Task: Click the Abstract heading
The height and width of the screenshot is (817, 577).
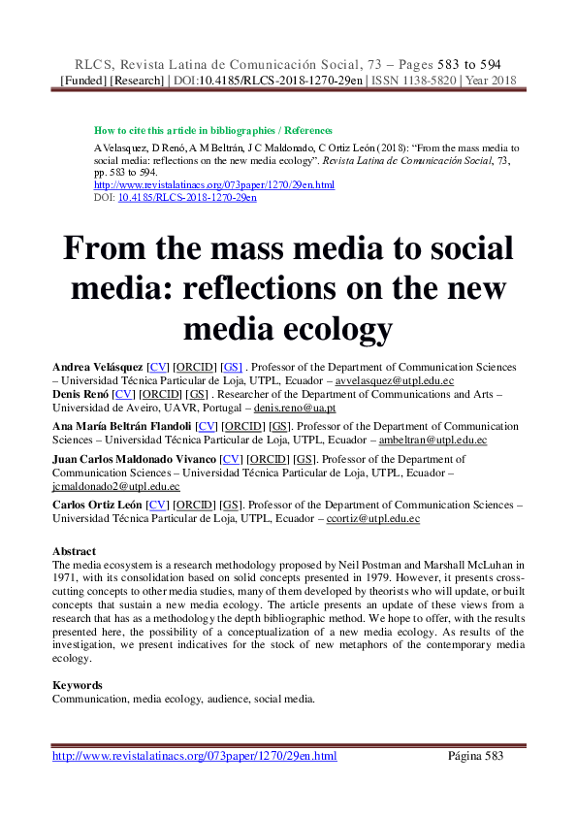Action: (74, 551)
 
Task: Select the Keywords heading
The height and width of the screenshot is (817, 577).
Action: (78, 685)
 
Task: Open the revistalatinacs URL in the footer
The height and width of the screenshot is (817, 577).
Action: (194, 756)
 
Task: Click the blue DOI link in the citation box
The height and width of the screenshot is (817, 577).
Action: (187, 197)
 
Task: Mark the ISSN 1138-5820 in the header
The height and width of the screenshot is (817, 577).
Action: (402, 80)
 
